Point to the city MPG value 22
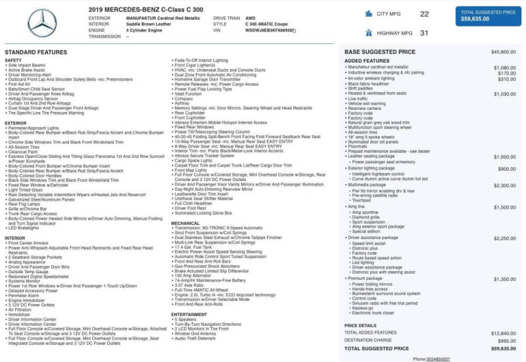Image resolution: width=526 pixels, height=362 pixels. pos(424,13)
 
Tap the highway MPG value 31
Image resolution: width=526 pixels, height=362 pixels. pos(424,32)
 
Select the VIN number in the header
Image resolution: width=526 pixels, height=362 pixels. pos(270,30)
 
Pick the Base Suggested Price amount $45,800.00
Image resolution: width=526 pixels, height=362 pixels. pos(503,51)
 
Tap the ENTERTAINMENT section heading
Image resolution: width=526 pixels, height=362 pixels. pos(189,314)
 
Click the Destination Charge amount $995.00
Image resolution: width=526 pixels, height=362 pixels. pos(506,340)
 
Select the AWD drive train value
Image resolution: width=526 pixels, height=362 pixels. pos(251,18)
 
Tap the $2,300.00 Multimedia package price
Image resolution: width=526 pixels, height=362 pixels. pos(504,186)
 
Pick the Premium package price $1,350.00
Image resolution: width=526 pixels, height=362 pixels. pos(504,279)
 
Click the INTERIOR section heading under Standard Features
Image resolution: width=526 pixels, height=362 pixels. pos(14,238)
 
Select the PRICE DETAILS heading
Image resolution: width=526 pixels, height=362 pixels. pos(360,325)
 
